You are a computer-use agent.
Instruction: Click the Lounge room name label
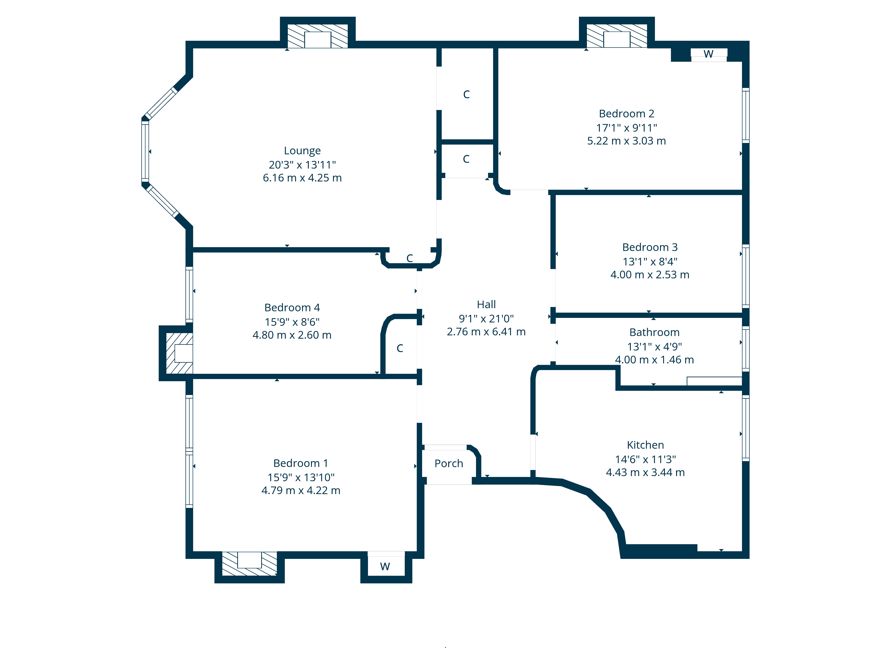[302, 151]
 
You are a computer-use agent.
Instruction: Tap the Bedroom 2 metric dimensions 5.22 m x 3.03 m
[626, 141]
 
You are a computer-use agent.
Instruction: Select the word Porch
[449, 463]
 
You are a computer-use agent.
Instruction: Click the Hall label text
[486, 304]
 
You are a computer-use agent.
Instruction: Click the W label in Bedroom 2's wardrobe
[709, 54]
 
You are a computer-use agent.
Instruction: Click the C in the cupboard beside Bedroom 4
[400, 348]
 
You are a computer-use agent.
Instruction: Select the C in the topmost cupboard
[466, 95]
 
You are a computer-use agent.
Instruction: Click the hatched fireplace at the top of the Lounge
[317, 36]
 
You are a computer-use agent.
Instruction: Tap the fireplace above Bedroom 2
[617, 36]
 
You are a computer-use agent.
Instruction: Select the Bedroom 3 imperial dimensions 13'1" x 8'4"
[650, 262]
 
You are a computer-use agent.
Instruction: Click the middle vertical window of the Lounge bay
[145, 151]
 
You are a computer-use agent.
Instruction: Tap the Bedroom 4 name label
[292, 308]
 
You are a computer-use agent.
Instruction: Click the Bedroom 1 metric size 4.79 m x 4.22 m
[301, 491]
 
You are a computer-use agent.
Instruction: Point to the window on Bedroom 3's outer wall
[746, 276]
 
